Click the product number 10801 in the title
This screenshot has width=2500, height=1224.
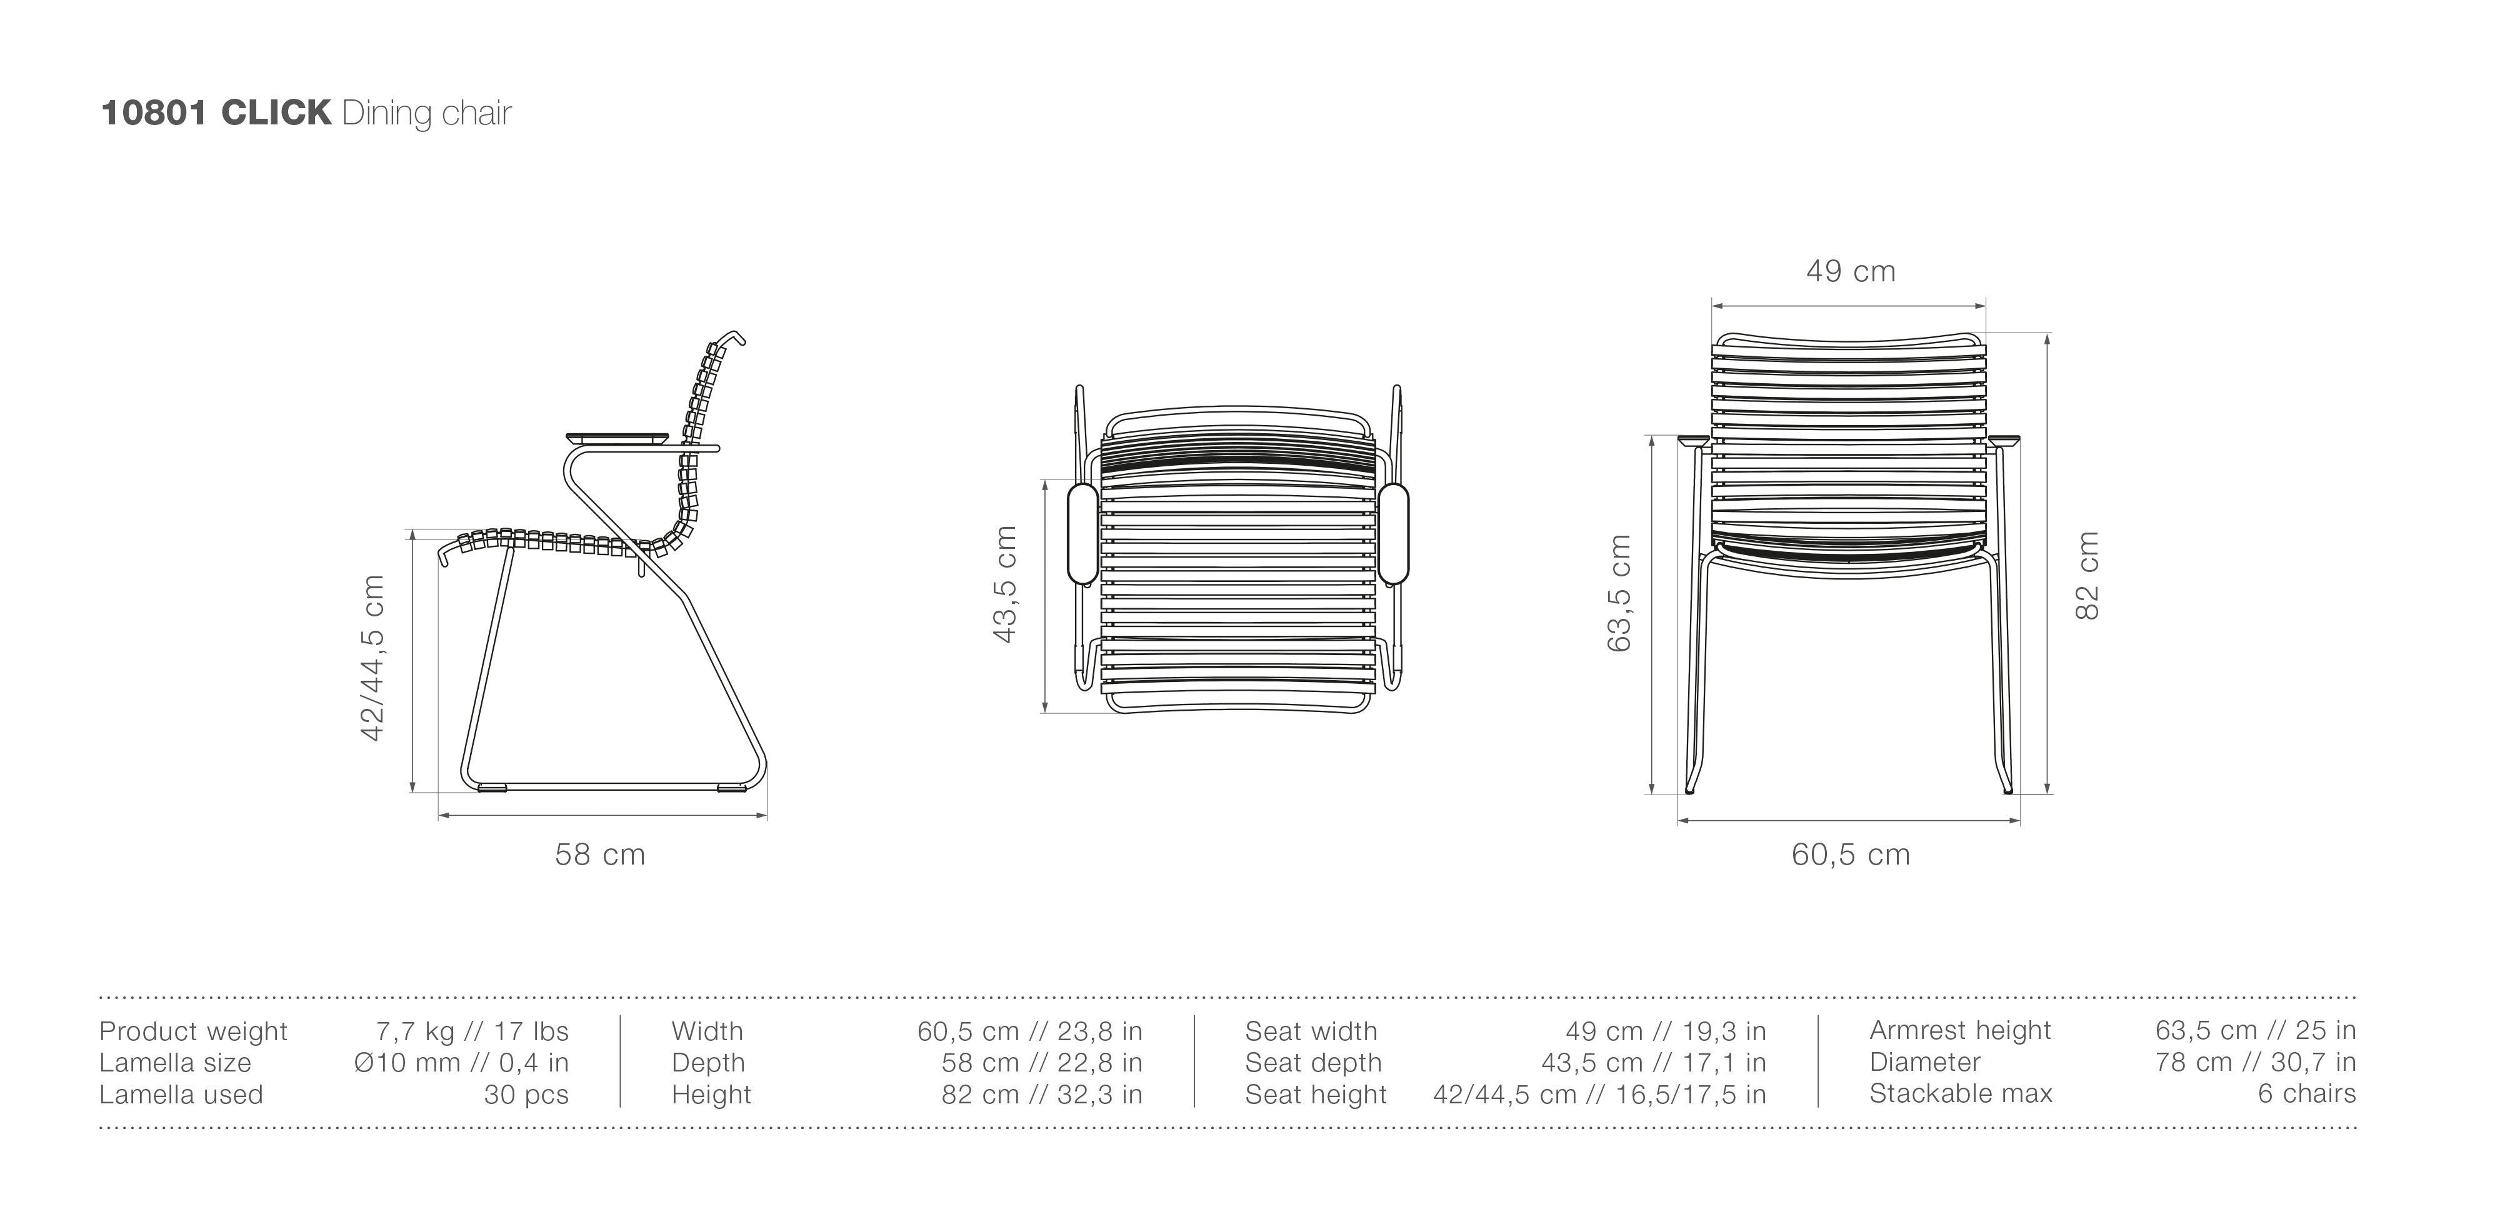click(x=153, y=114)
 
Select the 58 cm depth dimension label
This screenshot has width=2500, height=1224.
click(x=600, y=854)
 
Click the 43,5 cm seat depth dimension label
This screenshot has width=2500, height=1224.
click(x=1006, y=584)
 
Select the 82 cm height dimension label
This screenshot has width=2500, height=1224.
click(x=2087, y=576)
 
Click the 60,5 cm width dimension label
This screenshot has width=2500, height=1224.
click(x=1851, y=854)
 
